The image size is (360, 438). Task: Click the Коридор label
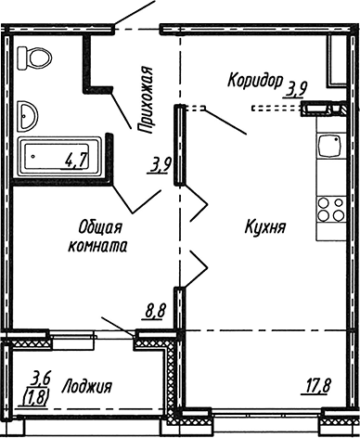click(253, 81)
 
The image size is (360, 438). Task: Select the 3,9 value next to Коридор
click(297, 89)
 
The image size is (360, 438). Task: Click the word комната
click(97, 245)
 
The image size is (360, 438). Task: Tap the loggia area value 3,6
click(40, 376)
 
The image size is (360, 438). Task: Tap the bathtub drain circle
click(32, 157)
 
